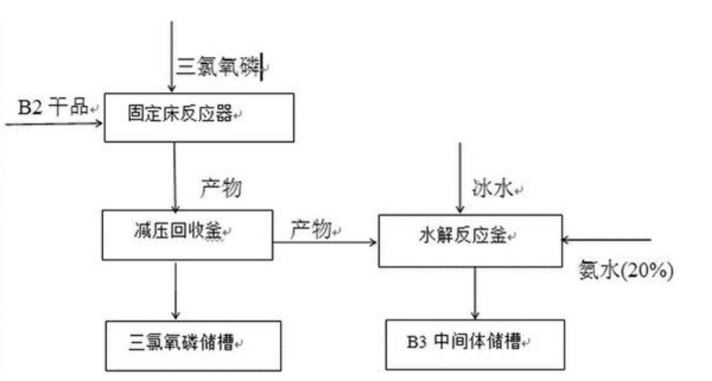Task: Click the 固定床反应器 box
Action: click(x=199, y=117)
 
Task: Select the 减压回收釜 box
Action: click(x=188, y=233)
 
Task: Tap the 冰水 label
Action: click(x=496, y=188)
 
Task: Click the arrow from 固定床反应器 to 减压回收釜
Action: click(x=173, y=175)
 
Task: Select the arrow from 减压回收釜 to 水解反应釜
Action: click(x=324, y=242)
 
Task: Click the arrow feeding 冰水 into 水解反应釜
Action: click(x=460, y=179)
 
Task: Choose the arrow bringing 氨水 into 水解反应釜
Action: click(x=605, y=240)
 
